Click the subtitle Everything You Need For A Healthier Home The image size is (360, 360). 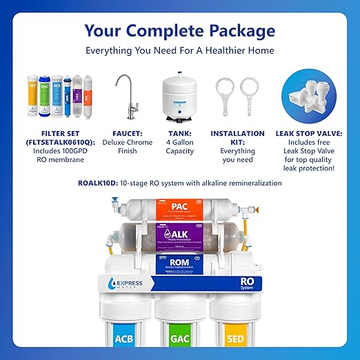(180, 50)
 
